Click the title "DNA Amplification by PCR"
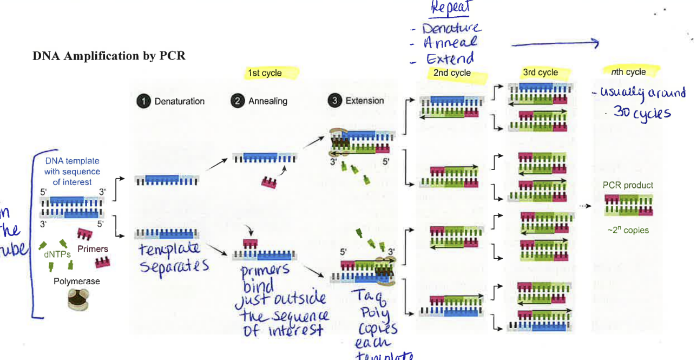[109, 56]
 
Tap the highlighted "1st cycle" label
[265, 73]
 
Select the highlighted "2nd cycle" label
[452, 73]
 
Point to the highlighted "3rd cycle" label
[540, 73]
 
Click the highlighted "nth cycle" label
[628, 71]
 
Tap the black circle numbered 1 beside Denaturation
[143, 101]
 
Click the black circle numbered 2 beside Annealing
[238, 101]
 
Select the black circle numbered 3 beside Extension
[335, 101]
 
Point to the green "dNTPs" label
[57, 253]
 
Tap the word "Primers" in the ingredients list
[93, 249]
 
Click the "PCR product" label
[628, 185]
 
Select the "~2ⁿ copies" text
[628, 230]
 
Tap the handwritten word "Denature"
[452, 28]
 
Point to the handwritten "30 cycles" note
[642, 113]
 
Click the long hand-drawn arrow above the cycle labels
[554, 44]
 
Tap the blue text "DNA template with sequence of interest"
[72, 172]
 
